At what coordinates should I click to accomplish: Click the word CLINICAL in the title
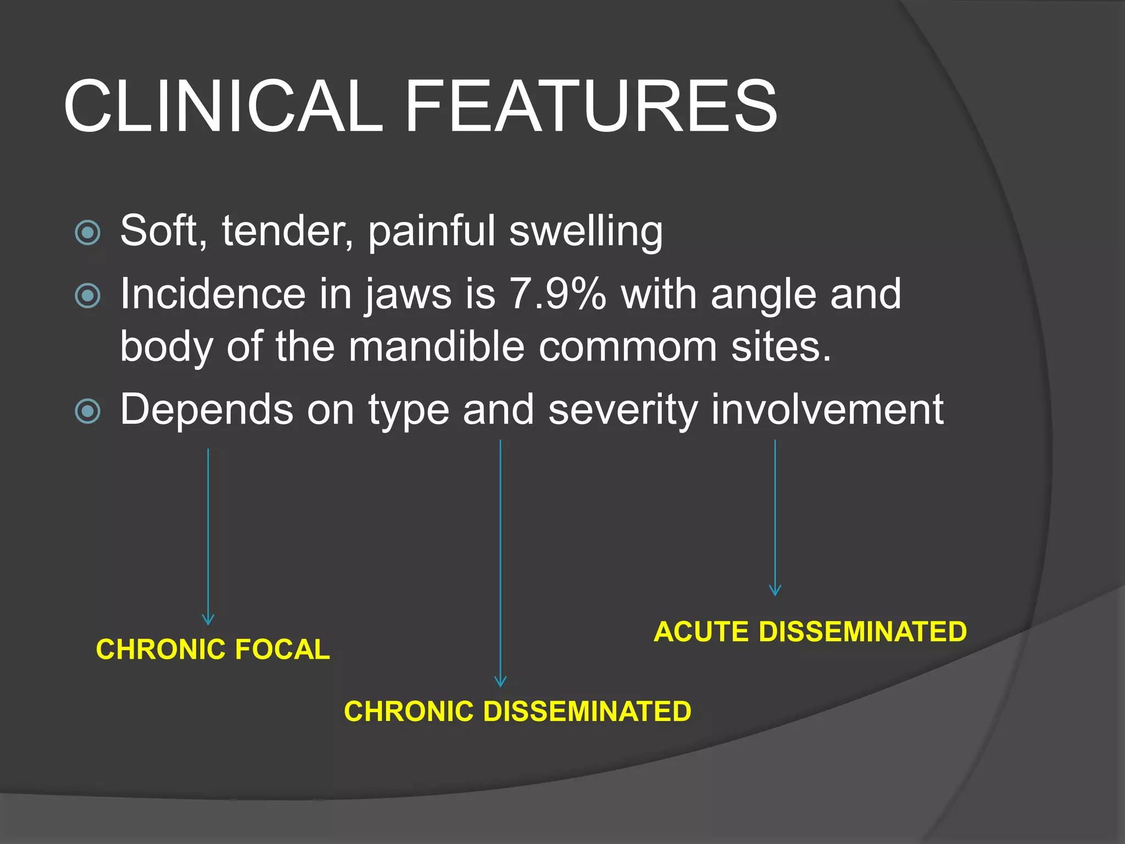222,105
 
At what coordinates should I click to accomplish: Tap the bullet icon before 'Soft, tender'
87,232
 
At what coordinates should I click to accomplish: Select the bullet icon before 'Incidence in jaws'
87,296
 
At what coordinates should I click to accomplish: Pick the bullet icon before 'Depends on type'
87,412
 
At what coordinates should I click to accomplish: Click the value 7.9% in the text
558,295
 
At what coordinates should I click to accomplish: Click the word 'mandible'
437,347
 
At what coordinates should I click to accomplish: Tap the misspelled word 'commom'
627,348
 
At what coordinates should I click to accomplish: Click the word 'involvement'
827,409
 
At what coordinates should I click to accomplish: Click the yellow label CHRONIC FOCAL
213,649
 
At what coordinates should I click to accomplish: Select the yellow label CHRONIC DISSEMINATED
517,712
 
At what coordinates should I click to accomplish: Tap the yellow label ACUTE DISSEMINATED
810,632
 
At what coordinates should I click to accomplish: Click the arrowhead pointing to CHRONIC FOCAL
208,620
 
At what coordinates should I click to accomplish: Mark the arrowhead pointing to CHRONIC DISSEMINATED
500,682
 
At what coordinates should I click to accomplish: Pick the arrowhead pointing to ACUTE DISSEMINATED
775,591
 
